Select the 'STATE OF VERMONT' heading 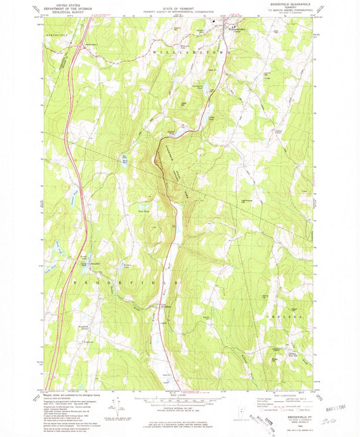tap(178, 4)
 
